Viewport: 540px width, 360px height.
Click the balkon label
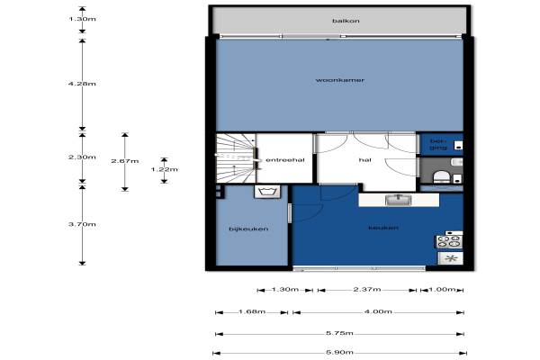point(346,21)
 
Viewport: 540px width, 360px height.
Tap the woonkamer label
point(340,80)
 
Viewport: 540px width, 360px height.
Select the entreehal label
point(285,160)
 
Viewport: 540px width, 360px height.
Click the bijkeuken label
point(248,229)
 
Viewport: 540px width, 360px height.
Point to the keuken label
point(383,228)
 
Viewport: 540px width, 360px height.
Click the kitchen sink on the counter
point(399,200)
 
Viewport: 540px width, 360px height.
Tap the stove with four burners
point(450,241)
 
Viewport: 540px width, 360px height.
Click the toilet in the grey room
point(442,177)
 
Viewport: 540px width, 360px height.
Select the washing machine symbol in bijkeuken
point(267,192)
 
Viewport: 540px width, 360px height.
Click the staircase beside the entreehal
point(236,158)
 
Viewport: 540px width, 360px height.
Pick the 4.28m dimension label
point(82,84)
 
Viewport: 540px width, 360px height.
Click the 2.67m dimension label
point(125,161)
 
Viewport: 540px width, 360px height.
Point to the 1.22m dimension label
point(165,169)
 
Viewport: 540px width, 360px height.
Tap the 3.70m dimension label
point(82,224)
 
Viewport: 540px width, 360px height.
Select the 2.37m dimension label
point(367,289)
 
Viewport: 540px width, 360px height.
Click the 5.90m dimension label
point(339,352)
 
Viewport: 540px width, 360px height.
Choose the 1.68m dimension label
point(252,311)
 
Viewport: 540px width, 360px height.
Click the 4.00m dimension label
point(378,311)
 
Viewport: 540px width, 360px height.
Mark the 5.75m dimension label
point(339,333)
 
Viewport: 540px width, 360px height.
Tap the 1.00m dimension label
point(442,289)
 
